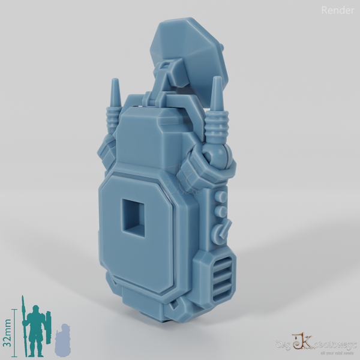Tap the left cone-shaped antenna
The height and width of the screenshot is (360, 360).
(x=115, y=90)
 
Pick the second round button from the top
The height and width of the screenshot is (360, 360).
(x=222, y=211)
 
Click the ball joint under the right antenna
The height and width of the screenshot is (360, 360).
(x=217, y=157)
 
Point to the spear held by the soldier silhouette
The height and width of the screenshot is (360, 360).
(x=23, y=324)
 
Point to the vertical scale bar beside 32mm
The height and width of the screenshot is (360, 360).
(x=14, y=330)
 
